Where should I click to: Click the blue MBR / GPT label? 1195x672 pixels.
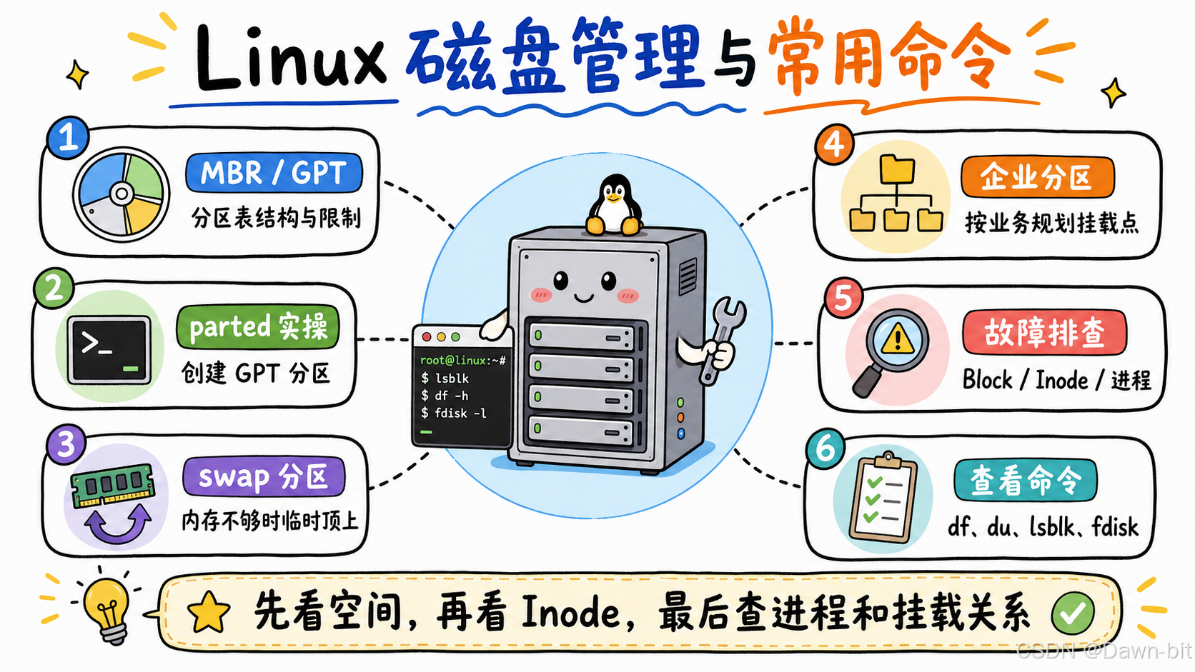point(274,173)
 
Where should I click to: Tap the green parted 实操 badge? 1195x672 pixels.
point(258,326)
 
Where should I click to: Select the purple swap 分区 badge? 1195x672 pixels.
point(264,476)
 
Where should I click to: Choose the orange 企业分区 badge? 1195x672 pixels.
point(1038,177)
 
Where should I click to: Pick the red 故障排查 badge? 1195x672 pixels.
point(1045,333)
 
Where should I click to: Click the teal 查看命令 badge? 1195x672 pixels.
point(1026,480)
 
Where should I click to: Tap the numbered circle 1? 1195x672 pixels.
point(68,137)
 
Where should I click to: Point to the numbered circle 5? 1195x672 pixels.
point(843,299)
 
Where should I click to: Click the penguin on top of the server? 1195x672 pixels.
point(614,205)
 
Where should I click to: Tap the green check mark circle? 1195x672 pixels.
point(1073,613)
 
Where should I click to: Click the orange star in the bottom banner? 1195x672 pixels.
point(209,613)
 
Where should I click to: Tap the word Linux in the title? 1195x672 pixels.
point(290,58)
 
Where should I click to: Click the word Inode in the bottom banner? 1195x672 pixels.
point(571,613)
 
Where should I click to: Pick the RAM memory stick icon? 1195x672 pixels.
point(112,485)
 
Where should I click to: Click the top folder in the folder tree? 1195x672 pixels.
point(897,169)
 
